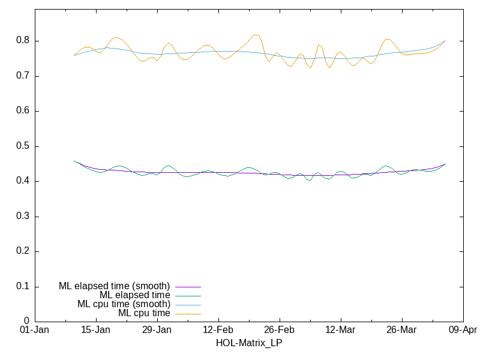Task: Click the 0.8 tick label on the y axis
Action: click(24, 41)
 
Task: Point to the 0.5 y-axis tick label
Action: click(24, 146)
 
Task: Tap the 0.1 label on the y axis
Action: click(24, 287)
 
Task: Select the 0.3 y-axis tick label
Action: click(24, 217)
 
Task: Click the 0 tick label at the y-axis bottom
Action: click(28, 322)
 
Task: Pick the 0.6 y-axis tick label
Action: click(24, 111)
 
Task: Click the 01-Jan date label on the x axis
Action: click(35, 330)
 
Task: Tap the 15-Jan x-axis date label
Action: click(96, 330)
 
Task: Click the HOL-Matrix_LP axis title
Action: click(248, 343)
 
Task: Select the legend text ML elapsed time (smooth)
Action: click(114, 286)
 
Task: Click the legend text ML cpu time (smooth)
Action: click(124, 304)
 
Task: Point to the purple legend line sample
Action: click(188, 287)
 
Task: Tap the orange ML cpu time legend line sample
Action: click(188, 314)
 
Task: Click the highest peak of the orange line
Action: click(256, 35)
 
